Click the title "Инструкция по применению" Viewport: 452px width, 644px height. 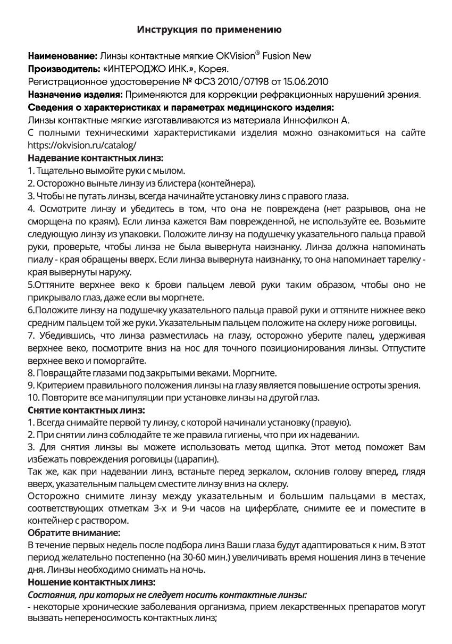coord(210,30)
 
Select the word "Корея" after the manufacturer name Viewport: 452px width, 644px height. coord(214,69)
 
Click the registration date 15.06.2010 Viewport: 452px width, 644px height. coord(306,82)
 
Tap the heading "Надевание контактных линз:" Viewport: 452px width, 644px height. coord(95,158)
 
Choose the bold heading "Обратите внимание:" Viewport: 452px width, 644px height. coord(74,532)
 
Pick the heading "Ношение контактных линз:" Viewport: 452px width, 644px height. coord(91,582)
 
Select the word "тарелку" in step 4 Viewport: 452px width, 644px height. coord(406,260)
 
